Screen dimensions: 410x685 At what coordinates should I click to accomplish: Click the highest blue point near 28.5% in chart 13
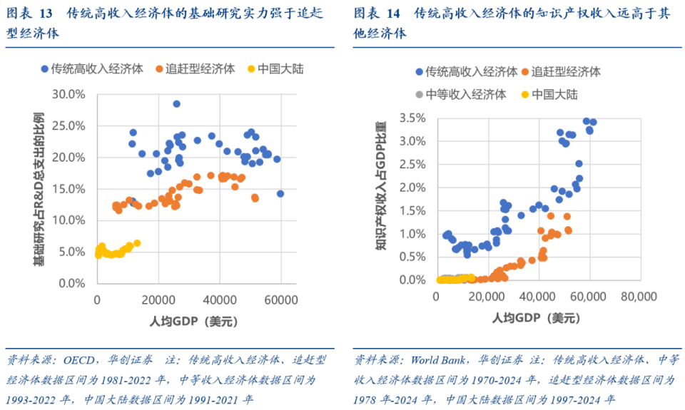(176, 103)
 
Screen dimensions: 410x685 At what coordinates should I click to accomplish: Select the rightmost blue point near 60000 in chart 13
(280, 193)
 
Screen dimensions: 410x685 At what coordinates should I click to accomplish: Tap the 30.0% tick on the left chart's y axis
(69, 94)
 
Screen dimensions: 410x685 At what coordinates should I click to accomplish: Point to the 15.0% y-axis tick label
(69, 189)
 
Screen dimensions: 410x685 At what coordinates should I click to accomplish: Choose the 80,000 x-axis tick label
(637, 296)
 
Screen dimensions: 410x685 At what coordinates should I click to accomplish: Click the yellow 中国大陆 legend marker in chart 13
(250, 69)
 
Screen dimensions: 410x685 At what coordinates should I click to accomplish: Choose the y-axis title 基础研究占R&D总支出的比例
(38, 189)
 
